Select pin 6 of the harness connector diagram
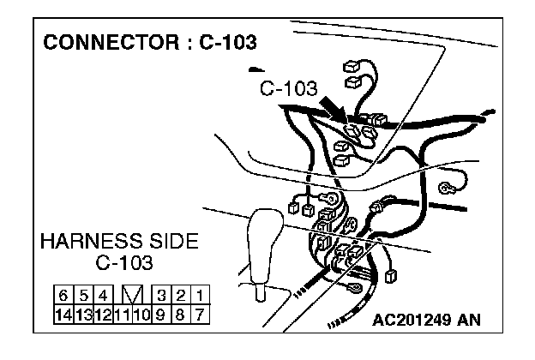click(64, 297)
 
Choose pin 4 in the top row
click(102, 297)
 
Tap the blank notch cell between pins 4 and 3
click(131, 297)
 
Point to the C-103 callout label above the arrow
click(288, 88)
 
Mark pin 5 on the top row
click(83, 297)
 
